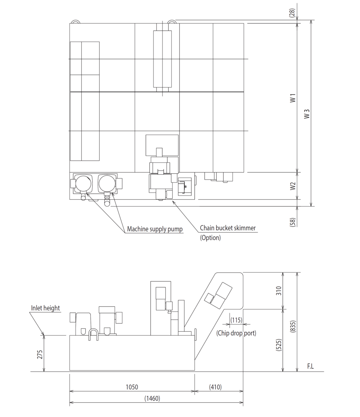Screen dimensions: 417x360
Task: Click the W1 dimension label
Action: point(293,98)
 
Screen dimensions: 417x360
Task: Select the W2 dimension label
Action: point(293,186)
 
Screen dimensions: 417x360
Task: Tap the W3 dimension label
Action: point(307,114)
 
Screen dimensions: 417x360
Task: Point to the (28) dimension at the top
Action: point(292,13)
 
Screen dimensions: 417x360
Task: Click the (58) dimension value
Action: point(292,222)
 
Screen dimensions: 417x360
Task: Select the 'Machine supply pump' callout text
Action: point(155,229)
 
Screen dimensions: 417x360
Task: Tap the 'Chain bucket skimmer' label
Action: point(227,228)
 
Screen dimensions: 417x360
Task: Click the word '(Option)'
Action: point(210,238)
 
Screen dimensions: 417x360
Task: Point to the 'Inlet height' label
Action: point(45,308)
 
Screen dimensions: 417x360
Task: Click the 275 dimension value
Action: point(40,354)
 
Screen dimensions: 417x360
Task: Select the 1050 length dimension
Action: point(132,387)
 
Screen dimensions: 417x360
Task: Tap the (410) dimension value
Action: point(215,387)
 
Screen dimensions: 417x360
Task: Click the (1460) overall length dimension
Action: point(152,399)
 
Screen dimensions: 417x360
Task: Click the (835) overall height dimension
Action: point(293,326)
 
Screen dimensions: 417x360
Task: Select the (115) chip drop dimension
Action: point(236,320)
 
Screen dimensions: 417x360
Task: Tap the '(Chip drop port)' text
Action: point(236,333)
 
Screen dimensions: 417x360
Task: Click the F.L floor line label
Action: point(310,366)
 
